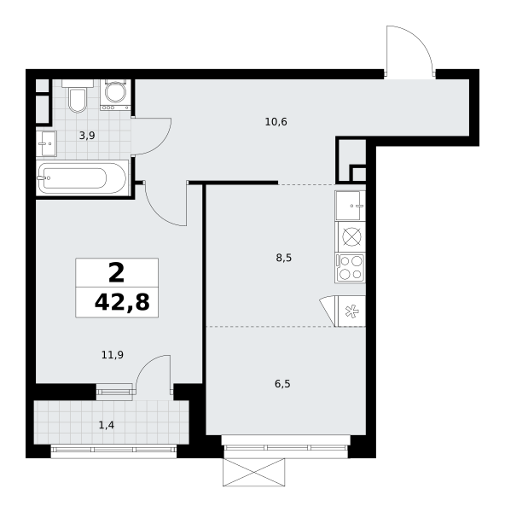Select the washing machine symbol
(115, 95)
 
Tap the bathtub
(82, 178)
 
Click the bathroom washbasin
(46, 143)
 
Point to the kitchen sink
(350, 206)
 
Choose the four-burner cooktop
(350, 268)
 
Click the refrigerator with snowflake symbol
(350, 311)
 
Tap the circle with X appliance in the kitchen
(351, 236)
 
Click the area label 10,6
(276, 122)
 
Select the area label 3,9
(87, 136)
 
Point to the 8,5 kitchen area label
(284, 258)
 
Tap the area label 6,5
(282, 384)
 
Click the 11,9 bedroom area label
(113, 355)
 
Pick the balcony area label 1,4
(107, 425)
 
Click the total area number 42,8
(122, 303)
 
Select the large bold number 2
(117, 273)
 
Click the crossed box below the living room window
(253, 472)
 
